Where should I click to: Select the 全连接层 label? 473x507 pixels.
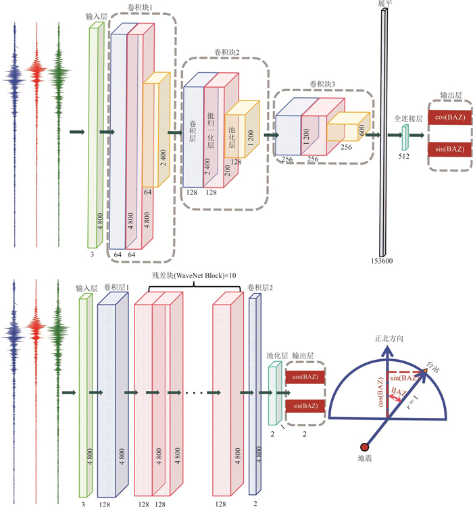point(408,119)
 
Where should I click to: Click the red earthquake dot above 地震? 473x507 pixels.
point(364,446)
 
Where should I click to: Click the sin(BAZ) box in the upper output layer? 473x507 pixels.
point(449,149)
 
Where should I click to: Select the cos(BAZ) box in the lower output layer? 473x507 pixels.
point(305,377)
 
